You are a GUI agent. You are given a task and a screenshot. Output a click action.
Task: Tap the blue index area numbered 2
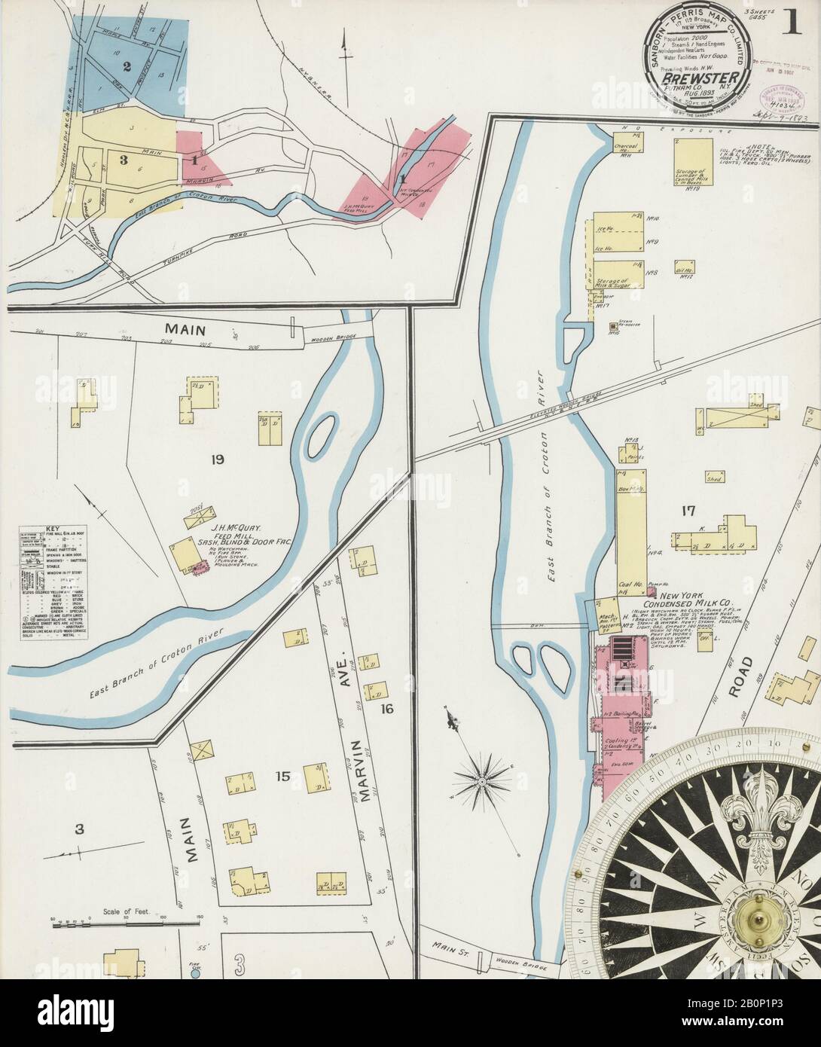(x=127, y=66)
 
